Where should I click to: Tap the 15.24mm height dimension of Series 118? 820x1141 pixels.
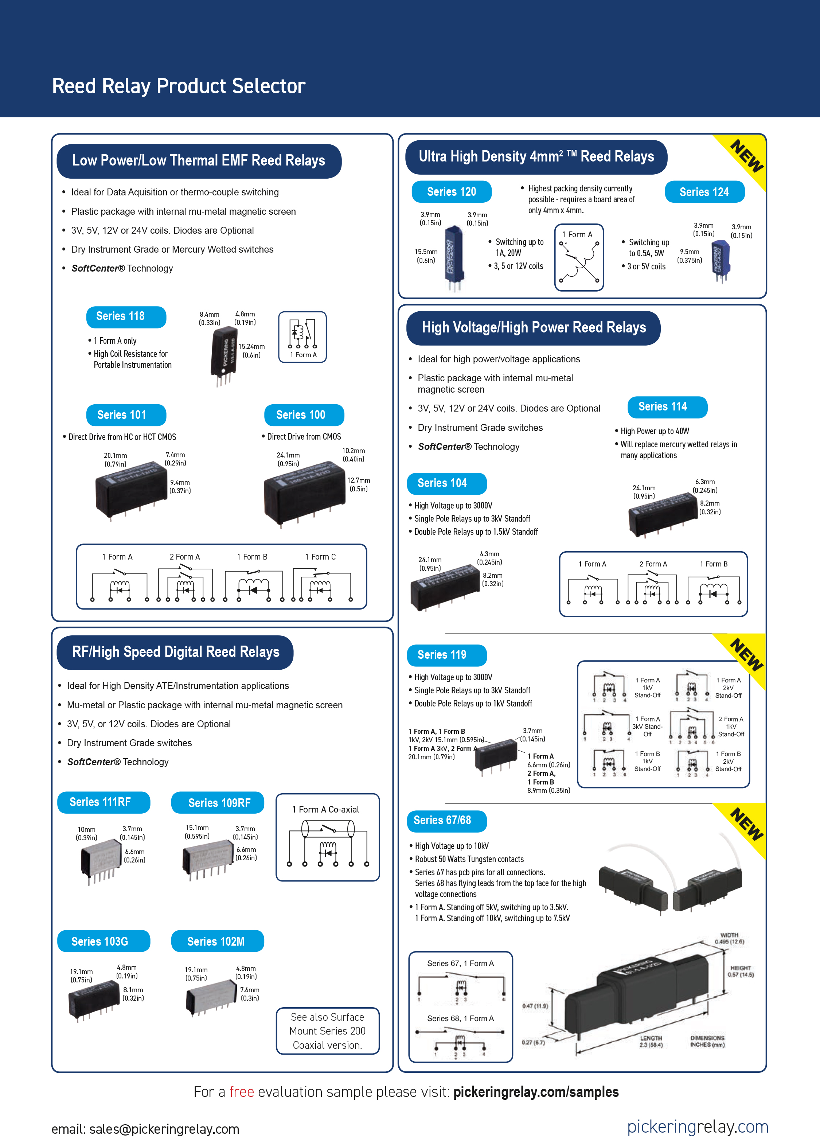pos(251,351)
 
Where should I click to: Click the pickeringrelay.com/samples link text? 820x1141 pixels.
pos(536,1092)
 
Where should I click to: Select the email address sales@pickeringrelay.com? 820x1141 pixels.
pos(145,1129)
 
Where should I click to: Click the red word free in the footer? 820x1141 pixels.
pos(242,1092)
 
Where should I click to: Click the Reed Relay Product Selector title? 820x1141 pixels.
pos(179,86)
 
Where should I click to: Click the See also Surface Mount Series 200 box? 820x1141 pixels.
pos(328,1031)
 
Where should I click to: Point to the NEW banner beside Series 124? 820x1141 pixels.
pos(747,157)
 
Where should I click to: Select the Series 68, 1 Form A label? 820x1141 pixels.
pos(460,1018)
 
